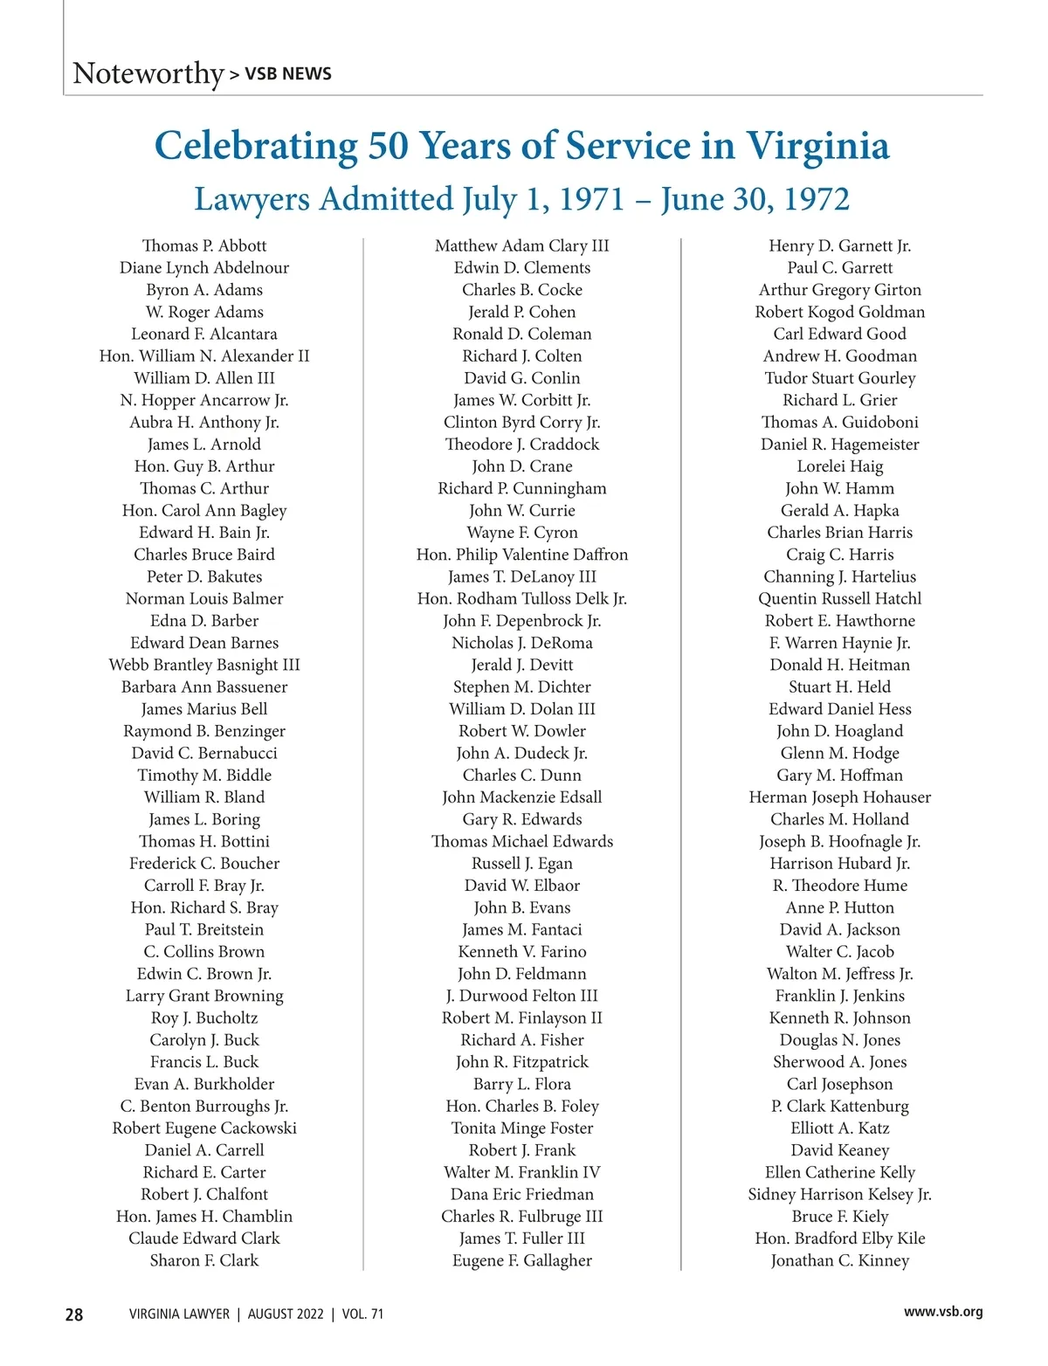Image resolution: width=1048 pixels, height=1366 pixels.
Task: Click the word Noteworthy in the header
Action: pos(148,73)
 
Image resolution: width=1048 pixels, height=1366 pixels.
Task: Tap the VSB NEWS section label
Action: pos(287,74)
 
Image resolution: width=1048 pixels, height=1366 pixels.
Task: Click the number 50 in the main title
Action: pos(388,146)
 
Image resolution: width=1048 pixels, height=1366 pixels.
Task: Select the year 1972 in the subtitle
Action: pos(816,199)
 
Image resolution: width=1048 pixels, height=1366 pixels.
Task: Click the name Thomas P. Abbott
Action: pos(204,246)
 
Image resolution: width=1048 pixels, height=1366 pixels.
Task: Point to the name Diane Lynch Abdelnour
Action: pos(204,268)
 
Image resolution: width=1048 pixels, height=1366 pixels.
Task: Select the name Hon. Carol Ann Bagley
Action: pos(204,511)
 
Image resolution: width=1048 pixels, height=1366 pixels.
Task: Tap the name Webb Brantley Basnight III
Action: pos(204,665)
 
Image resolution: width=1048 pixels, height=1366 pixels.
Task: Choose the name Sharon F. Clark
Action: pos(204,1260)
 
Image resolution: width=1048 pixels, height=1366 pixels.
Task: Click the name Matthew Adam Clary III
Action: pos(522,246)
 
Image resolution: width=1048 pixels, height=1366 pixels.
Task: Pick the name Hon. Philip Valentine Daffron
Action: pos(522,555)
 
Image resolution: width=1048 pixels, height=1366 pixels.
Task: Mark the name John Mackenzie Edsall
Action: pos(522,797)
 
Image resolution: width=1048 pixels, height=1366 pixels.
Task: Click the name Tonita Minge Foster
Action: pos(522,1128)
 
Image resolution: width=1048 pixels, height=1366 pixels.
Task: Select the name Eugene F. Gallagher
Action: pos(522,1260)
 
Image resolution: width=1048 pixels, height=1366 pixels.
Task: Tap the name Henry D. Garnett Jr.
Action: pos(840,246)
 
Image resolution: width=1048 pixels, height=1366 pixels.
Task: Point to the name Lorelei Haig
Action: pos(840,466)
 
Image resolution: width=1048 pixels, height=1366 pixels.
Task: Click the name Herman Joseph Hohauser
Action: pos(840,797)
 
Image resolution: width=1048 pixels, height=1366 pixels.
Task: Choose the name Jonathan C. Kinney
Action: pos(840,1260)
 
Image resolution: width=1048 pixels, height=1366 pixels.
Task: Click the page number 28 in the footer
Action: pos(74,1314)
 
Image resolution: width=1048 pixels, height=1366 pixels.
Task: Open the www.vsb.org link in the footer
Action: pos(943,1312)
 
